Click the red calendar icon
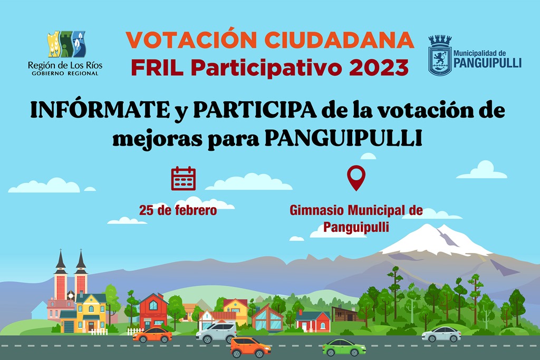183,178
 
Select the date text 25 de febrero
178,210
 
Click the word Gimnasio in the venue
317,210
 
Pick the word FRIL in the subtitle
157,67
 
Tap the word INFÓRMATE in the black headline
100,110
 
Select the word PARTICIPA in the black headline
255,110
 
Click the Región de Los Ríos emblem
66,44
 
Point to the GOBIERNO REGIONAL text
65,73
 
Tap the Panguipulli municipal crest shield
440,56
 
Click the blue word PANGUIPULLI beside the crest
487,63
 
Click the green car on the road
344,347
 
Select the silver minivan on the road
216,333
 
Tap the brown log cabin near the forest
345,314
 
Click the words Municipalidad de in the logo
479,53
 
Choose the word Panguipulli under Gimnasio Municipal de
356,227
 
